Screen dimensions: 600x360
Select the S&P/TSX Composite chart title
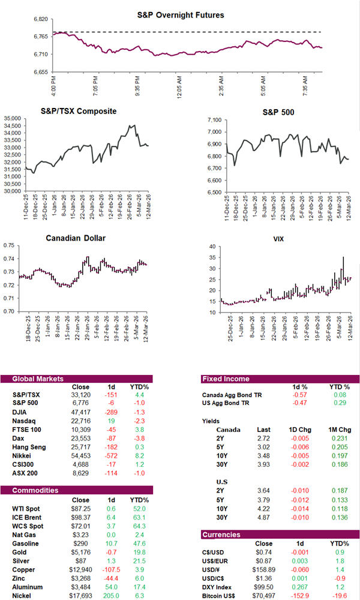click(x=79, y=111)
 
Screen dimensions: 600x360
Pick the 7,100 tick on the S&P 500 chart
click(x=215, y=121)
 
